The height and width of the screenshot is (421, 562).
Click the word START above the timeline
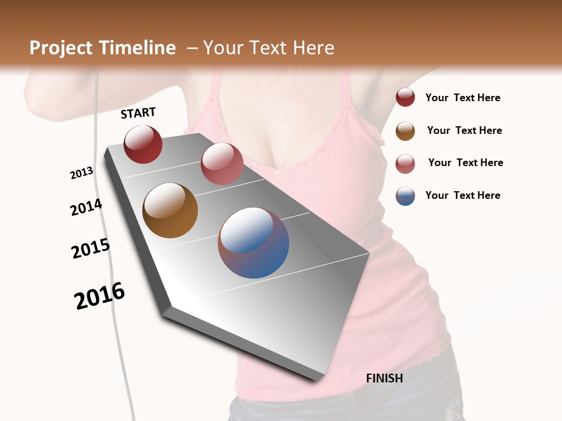tap(138, 113)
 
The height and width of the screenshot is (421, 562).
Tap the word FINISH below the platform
tap(384, 378)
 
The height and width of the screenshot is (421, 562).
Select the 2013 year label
tap(81, 173)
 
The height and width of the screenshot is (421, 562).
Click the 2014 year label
tap(86, 208)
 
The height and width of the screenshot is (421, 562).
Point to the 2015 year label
tap(91, 249)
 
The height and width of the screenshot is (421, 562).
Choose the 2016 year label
tap(100, 296)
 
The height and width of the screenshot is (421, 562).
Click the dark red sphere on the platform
tap(143, 144)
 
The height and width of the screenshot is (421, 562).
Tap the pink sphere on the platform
tap(222, 164)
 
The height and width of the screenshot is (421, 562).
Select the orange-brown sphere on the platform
tap(170, 210)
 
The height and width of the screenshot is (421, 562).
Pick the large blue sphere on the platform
tap(253, 243)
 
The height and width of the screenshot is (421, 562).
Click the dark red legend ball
tap(405, 98)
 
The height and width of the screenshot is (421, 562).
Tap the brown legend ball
tap(405, 131)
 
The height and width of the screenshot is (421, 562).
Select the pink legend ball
tap(405, 164)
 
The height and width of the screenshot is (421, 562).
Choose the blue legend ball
tap(405, 196)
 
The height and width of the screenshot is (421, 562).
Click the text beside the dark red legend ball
tap(462, 98)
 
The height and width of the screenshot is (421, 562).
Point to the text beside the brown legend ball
tap(464, 131)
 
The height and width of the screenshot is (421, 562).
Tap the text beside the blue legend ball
tap(462, 195)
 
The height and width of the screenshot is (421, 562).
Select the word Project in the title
tap(61, 48)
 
